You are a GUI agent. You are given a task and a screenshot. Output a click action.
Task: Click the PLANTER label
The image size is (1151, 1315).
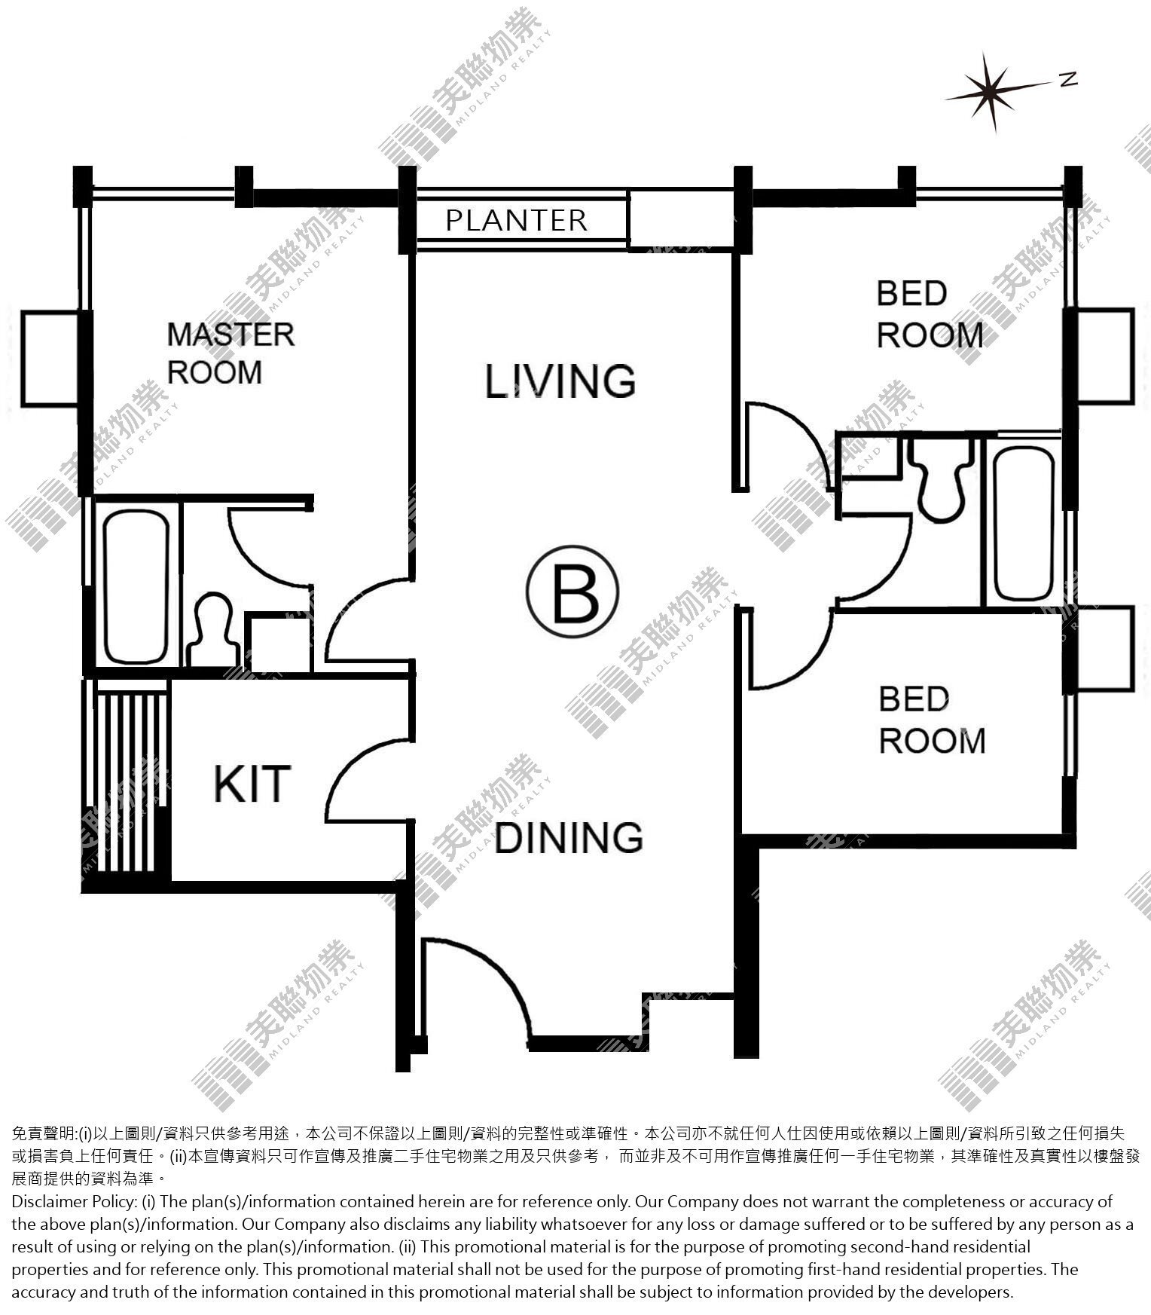click(516, 220)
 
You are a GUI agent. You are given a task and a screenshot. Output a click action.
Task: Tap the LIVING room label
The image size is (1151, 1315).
click(560, 381)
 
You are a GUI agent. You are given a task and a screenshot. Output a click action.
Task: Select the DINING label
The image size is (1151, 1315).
click(569, 837)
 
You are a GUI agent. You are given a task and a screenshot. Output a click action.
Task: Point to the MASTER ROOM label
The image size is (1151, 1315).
click(230, 353)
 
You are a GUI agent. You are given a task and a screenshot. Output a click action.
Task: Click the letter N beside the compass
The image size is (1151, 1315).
click(1068, 79)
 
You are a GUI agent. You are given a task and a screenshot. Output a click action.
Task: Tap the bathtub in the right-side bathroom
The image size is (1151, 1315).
click(1022, 524)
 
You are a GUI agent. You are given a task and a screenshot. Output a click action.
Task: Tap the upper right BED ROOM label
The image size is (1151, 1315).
click(930, 314)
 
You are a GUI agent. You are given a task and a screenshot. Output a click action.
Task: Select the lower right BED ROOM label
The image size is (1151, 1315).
click(932, 720)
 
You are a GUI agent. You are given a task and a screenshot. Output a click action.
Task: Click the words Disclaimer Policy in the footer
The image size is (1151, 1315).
click(74, 1202)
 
